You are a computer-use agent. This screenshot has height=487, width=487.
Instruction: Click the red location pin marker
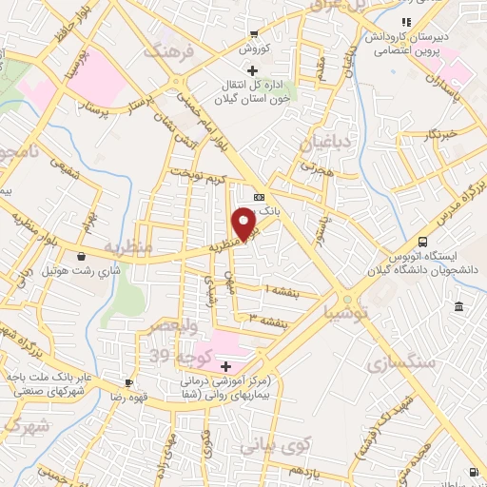245,224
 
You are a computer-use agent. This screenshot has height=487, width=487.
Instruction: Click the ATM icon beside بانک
259,198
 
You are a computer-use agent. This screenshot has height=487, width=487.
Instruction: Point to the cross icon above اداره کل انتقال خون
252,70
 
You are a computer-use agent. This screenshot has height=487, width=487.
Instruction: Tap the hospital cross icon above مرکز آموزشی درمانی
225,366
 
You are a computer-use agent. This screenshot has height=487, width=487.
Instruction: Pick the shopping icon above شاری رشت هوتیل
85,255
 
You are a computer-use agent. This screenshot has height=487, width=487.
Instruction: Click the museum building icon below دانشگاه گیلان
459,307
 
